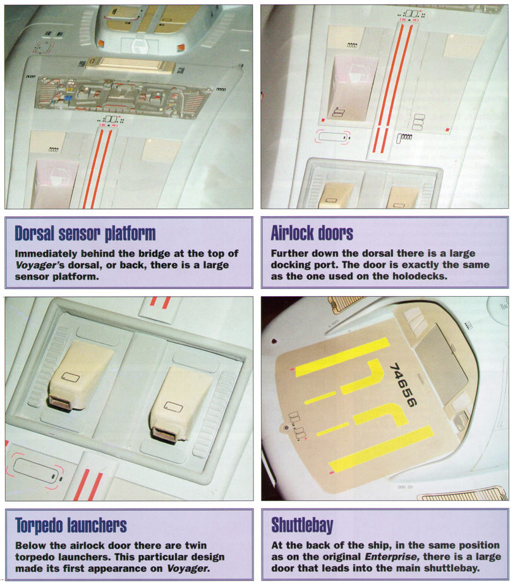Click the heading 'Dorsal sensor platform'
[85, 233]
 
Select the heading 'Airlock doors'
[312, 233]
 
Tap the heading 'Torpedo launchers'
[71, 526]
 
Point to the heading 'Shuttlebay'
[302, 525]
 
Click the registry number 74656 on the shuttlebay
[403, 385]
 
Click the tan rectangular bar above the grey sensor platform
[131, 65]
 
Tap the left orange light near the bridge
[101, 44]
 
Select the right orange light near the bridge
[181, 47]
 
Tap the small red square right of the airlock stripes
[448, 130]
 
